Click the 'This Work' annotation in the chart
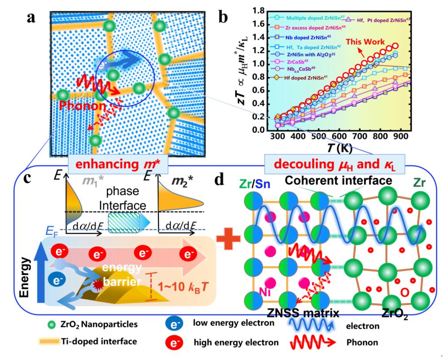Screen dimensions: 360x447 [366, 42]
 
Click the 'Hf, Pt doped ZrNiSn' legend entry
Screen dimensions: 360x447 [378, 19]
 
